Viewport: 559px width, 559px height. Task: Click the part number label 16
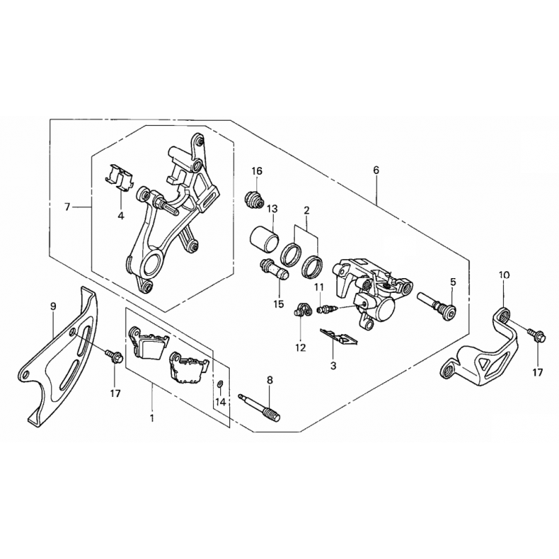click(x=256, y=171)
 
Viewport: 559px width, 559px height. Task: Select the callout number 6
click(x=377, y=170)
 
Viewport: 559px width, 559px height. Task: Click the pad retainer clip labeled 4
click(x=119, y=177)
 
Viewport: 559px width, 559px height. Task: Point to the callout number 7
click(x=68, y=207)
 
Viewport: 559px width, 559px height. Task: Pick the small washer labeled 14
click(x=220, y=384)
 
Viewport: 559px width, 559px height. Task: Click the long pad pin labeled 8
click(x=259, y=406)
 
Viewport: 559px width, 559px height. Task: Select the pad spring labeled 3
click(x=339, y=337)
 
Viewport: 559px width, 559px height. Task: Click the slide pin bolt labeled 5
click(x=438, y=305)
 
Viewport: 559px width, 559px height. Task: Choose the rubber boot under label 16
click(x=254, y=201)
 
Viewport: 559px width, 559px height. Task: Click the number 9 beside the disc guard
click(x=53, y=306)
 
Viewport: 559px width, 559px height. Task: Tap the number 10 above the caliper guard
click(x=504, y=275)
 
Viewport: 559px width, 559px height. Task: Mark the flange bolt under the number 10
click(x=537, y=335)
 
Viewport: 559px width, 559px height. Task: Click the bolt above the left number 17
click(x=114, y=356)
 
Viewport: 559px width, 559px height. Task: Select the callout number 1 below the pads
click(x=152, y=418)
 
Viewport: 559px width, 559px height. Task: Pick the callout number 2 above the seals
click(x=307, y=210)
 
